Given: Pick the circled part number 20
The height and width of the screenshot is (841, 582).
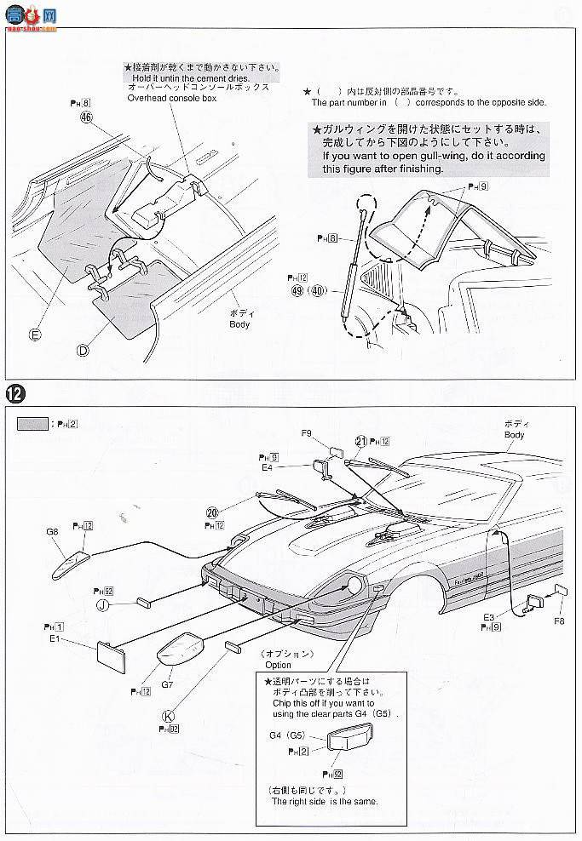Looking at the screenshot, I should pos(211,512).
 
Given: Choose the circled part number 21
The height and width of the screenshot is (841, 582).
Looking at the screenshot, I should pos(361,440).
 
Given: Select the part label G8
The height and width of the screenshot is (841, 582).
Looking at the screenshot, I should pos(52,531).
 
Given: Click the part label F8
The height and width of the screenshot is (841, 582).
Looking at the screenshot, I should pos(558,621).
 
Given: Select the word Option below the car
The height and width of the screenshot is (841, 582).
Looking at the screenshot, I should pos(278,664).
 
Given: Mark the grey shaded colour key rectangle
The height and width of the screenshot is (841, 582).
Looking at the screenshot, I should pos(32,423).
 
